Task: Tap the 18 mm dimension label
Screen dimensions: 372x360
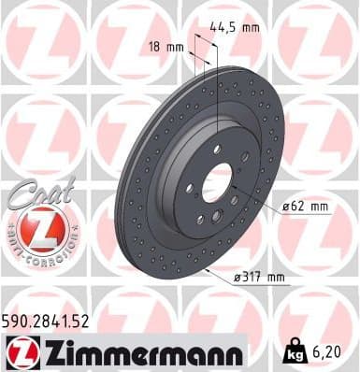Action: (165, 46)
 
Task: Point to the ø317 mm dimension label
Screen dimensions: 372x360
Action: (261, 278)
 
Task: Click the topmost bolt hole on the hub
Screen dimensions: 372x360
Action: (218, 150)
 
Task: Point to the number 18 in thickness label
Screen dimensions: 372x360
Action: (155, 46)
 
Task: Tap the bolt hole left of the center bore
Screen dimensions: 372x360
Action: (190, 188)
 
